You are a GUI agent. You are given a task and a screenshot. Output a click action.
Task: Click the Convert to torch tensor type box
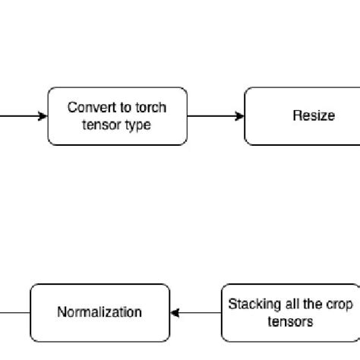117,116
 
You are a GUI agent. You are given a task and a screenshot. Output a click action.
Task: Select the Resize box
302,116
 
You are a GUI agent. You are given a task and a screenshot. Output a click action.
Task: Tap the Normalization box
99,312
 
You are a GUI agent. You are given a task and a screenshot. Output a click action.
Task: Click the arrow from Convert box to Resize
216,116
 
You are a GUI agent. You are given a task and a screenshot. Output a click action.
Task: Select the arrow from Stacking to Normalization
195,312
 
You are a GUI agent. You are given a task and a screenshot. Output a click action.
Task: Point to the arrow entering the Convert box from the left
23,116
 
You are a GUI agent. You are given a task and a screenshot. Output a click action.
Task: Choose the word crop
336,304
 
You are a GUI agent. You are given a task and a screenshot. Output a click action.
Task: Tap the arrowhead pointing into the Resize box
240,116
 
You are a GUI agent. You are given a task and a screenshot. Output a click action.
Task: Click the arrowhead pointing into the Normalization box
175,312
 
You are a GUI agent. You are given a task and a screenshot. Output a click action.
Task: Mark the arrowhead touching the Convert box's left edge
43,116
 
